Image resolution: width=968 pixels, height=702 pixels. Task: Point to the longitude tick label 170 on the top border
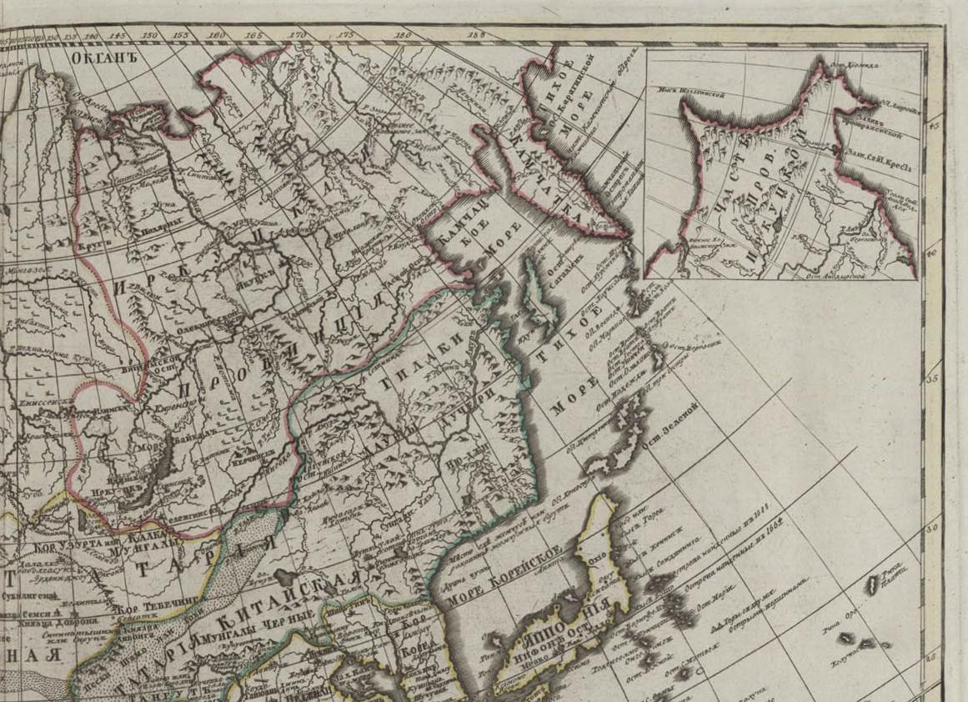point(298,35)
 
